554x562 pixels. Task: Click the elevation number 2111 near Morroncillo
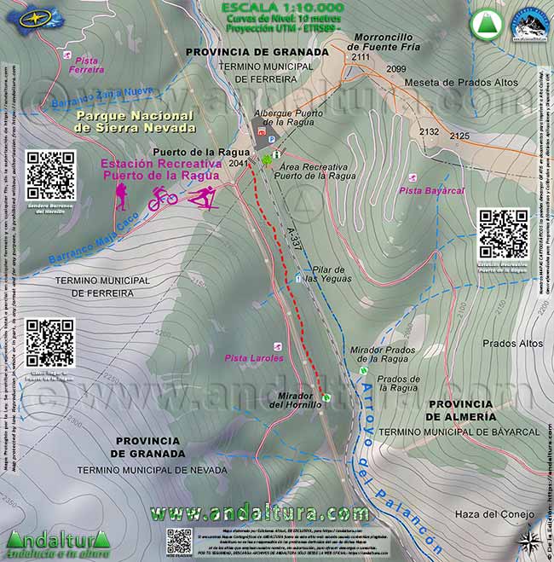pyautogui.click(x=361, y=57)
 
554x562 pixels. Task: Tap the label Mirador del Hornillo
pyautogui.click(x=296, y=399)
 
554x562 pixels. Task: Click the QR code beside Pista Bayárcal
pyautogui.click(x=503, y=234)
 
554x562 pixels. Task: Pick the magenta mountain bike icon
pyautogui.click(x=163, y=199)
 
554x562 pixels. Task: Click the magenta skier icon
pyautogui.click(x=202, y=199)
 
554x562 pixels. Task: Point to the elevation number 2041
pyautogui.click(x=239, y=164)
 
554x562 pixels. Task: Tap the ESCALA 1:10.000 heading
pyautogui.click(x=268, y=9)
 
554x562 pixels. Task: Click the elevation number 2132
pyautogui.click(x=429, y=132)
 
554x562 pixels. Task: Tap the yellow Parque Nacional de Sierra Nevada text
pyautogui.click(x=134, y=121)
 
